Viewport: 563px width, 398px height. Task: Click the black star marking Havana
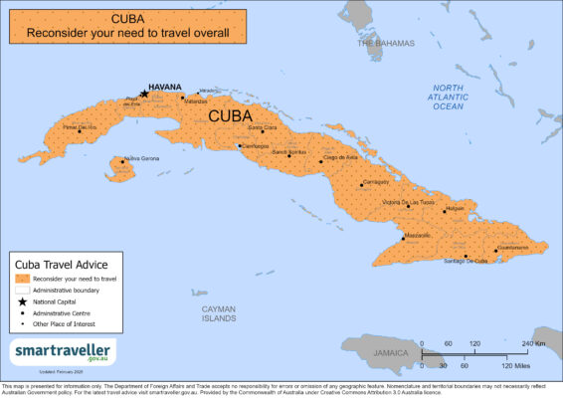coord(144,95)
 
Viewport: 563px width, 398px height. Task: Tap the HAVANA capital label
coord(166,87)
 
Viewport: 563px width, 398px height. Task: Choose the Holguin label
coord(455,209)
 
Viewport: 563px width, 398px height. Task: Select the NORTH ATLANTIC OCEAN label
coord(448,97)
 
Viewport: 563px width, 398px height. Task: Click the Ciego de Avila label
coord(338,157)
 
